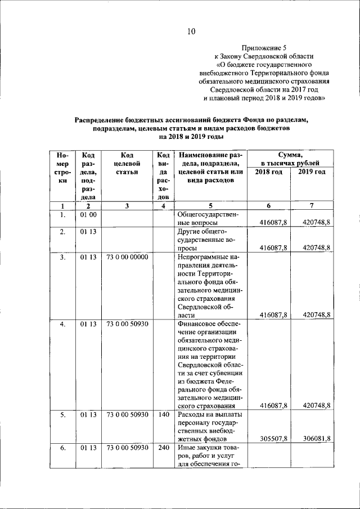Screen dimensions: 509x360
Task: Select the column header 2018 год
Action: point(268,172)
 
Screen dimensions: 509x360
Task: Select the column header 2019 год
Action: point(312,172)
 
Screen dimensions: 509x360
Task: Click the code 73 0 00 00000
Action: point(127,258)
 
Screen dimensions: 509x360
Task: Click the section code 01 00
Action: point(88,215)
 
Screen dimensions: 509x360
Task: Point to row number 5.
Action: point(63,415)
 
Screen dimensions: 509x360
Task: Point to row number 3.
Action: point(63,258)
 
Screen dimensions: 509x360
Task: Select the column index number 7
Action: point(311,206)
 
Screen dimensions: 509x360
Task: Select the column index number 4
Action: point(163,206)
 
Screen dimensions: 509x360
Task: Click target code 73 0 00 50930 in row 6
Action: point(127,448)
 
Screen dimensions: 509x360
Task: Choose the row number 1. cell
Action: point(63,215)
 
